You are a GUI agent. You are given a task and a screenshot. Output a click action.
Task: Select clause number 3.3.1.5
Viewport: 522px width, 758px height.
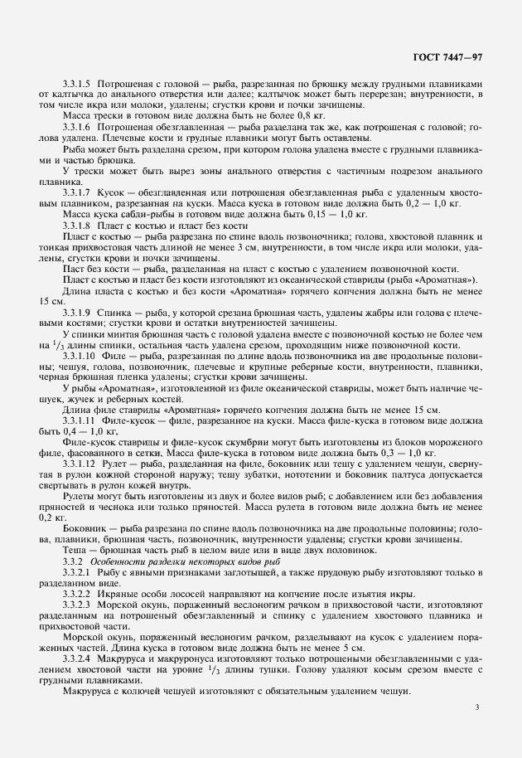pos(78,85)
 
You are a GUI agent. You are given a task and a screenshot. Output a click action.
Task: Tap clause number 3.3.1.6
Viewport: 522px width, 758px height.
pos(78,128)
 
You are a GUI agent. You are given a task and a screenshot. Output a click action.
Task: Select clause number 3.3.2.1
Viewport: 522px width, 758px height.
pos(78,572)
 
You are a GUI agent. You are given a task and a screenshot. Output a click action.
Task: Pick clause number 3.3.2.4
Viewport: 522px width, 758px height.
pos(78,658)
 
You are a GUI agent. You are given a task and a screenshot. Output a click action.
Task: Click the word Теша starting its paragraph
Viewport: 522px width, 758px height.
pos(76,551)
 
